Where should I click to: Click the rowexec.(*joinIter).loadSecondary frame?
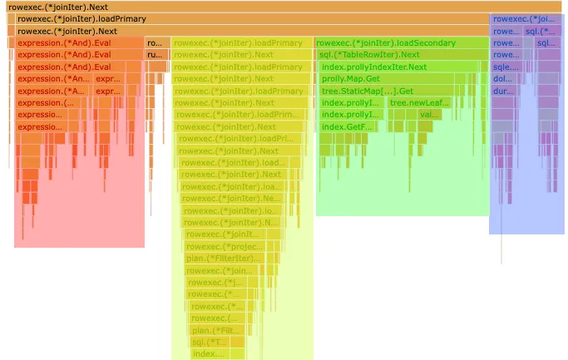tap(387, 42)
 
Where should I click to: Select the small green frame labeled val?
tap(429, 115)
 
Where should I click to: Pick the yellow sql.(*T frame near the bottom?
tap(209, 342)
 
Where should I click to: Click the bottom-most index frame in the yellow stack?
tap(207, 354)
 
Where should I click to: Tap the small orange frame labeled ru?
tap(156, 55)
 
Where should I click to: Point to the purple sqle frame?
tap(502, 67)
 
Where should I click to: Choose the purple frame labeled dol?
tap(502, 79)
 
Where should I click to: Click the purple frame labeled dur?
tap(502, 91)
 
